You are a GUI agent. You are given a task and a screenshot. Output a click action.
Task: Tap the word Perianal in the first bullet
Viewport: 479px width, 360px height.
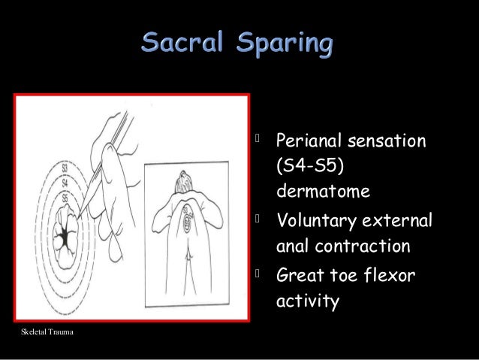pyautogui.click(x=312, y=141)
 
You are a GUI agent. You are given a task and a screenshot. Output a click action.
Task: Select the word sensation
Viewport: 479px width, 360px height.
pyautogui.click(x=390, y=141)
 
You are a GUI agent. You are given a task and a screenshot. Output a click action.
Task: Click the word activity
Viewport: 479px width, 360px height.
pyautogui.click(x=308, y=301)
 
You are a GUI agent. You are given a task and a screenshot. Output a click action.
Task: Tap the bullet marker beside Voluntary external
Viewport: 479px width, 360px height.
pyautogui.click(x=259, y=220)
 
